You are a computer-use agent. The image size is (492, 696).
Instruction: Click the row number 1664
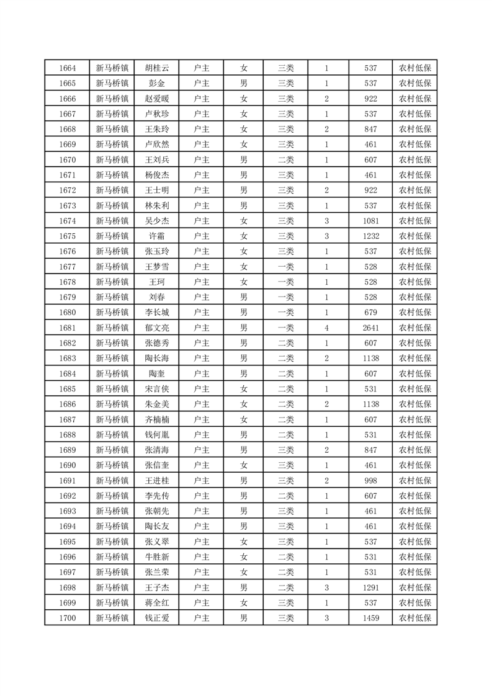pyautogui.click(x=67, y=68)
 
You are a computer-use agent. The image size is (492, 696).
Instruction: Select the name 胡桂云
pyautogui.click(x=156, y=68)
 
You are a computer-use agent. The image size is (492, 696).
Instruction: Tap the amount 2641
pyautogui.click(x=371, y=328)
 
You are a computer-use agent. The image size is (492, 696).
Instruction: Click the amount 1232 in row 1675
pyautogui.click(x=371, y=236)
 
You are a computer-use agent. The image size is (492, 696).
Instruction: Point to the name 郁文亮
pyautogui.click(x=156, y=328)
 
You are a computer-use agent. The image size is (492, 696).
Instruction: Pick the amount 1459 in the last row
pyautogui.click(x=371, y=618)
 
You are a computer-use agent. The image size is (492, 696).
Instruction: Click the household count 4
pyautogui.click(x=326, y=328)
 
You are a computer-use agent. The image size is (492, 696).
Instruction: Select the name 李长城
pyautogui.click(x=156, y=313)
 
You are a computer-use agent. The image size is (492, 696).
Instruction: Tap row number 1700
pyautogui.click(x=67, y=618)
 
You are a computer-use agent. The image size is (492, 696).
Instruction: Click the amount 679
pyautogui.click(x=371, y=313)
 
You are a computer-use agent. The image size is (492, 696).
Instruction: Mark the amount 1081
pyautogui.click(x=371, y=221)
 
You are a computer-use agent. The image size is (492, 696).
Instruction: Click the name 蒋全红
pyautogui.click(x=156, y=603)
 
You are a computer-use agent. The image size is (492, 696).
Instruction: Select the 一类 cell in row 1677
pyautogui.click(x=286, y=267)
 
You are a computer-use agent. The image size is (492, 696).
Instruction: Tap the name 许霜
pyautogui.click(x=156, y=236)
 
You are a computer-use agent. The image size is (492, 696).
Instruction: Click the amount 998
pyautogui.click(x=371, y=481)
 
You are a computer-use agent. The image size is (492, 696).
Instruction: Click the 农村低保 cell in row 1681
pyautogui.click(x=415, y=328)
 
